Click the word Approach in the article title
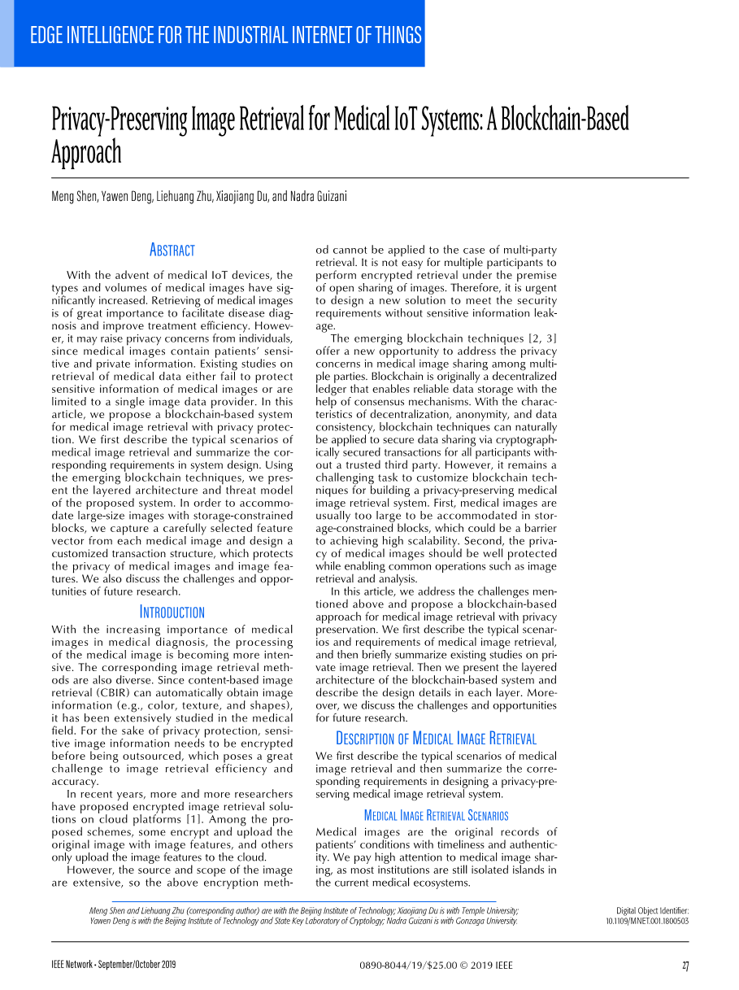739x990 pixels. click(x=86, y=152)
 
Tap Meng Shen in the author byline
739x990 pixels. click(x=75, y=197)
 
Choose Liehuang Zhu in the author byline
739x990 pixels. click(x=183, y=197)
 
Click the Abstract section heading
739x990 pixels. click(x=172, y=250)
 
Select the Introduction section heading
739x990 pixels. click(x=172, y=612)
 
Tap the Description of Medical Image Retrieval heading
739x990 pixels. click(x=436, y=739)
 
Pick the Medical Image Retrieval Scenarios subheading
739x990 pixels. click(x=436, y=815)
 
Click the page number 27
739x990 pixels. click(x=685, y=966)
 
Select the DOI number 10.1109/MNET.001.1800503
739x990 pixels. click(x=647, y=921)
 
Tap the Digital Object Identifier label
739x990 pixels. click(x=652, y=910)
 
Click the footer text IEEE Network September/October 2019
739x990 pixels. click(x=114, y=966)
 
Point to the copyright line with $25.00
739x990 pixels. click(x=436, y=966)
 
